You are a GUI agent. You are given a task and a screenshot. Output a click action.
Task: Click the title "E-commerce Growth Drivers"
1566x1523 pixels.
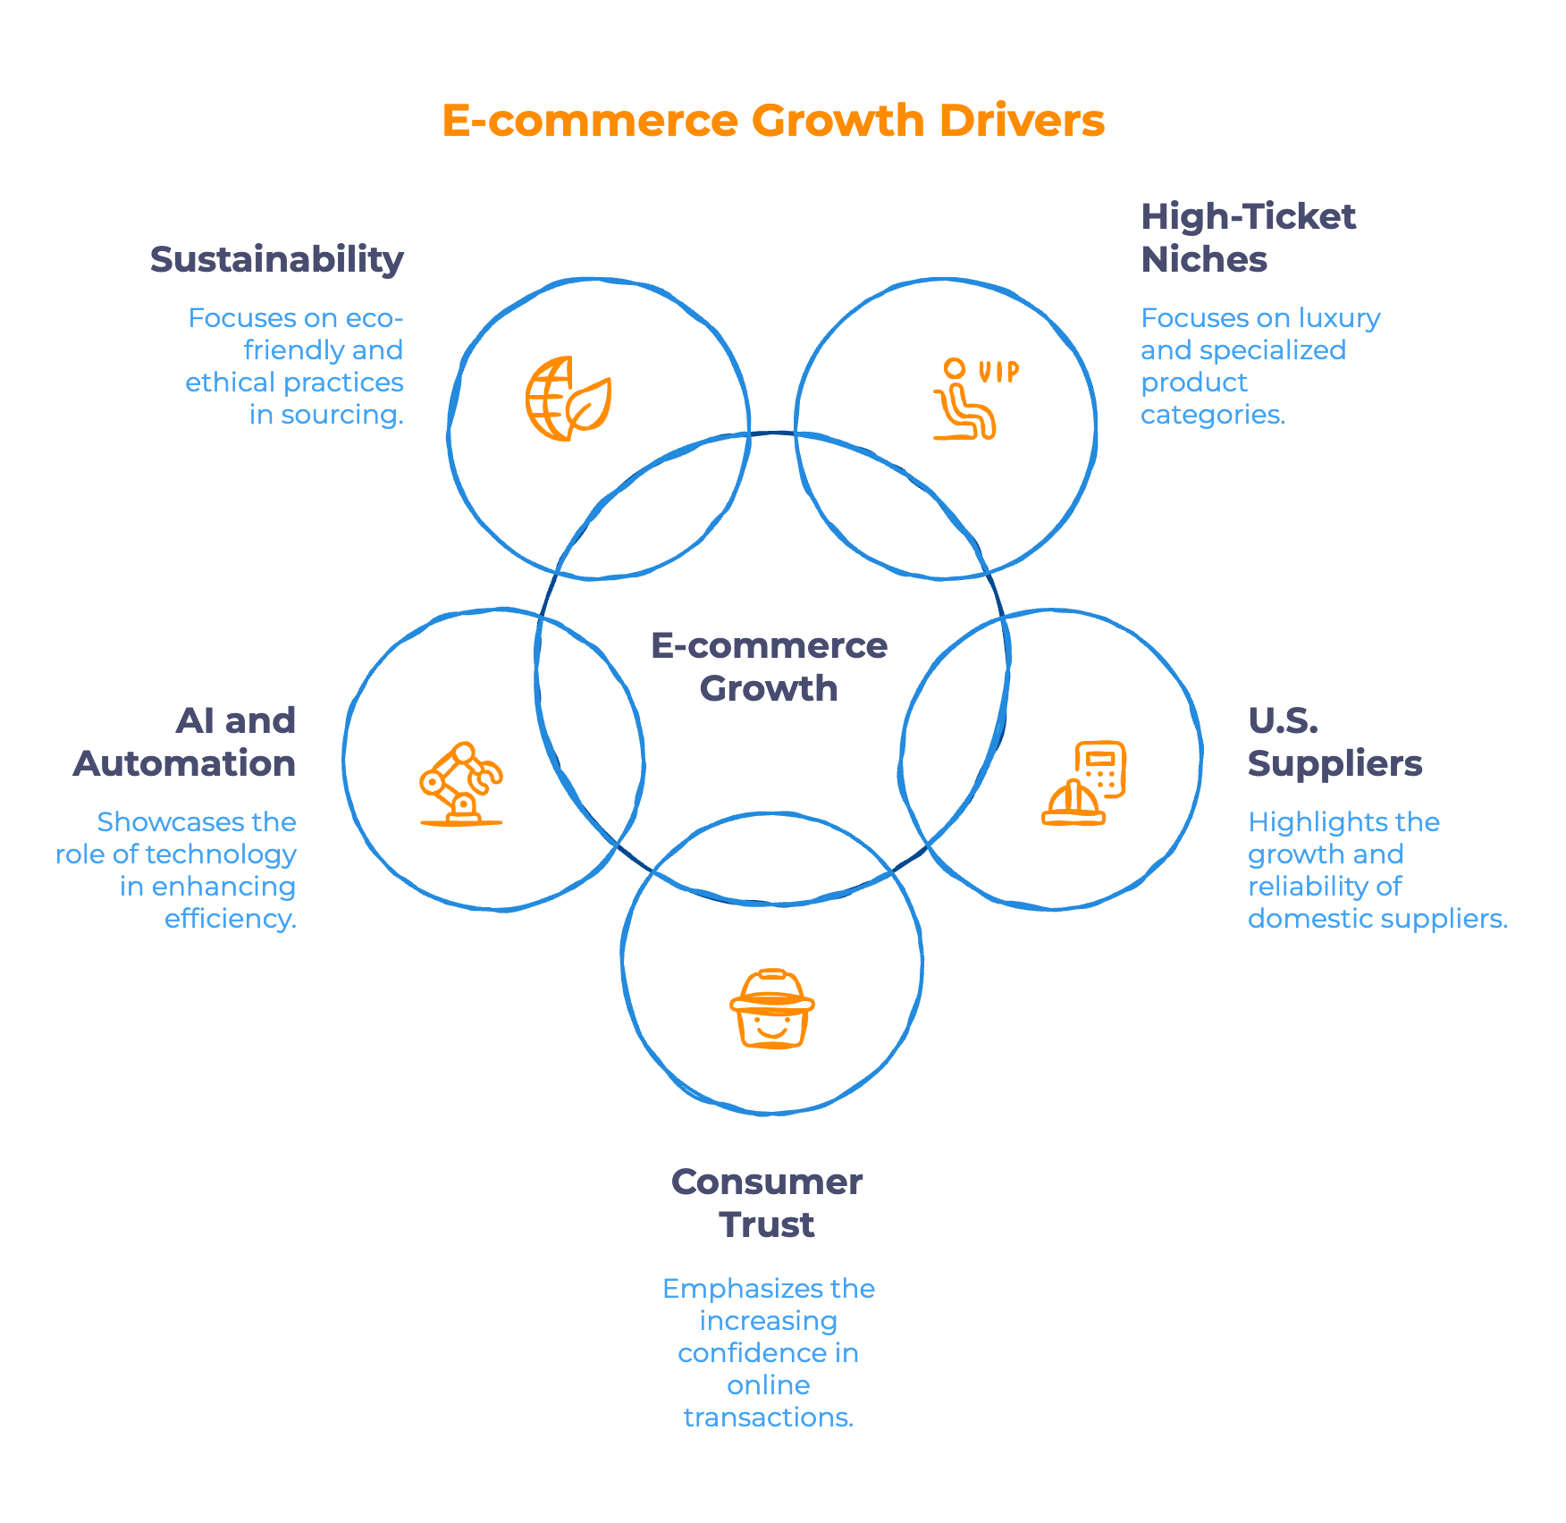773,121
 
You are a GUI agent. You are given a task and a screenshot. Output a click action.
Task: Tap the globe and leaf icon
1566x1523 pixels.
568,399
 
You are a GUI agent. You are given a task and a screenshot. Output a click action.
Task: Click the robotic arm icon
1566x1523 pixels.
461,784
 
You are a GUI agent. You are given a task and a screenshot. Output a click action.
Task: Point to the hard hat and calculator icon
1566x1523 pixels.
1084,783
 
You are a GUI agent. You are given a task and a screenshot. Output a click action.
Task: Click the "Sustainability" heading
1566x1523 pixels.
277,260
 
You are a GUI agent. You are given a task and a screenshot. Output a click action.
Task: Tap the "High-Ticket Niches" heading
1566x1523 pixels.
1248,238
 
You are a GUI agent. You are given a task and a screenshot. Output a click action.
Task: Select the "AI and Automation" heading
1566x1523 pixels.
186,742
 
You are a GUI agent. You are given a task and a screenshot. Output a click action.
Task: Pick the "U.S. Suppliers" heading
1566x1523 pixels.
1334,742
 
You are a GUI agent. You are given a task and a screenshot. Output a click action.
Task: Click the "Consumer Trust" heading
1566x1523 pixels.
767,1203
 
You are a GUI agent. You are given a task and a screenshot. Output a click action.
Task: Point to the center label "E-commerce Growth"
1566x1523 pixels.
769,667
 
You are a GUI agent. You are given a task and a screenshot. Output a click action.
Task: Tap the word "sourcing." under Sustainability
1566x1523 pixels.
342,415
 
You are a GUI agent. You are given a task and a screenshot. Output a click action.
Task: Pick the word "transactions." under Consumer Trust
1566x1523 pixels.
769,1418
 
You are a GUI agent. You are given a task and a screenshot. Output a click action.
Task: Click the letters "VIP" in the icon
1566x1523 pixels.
998,372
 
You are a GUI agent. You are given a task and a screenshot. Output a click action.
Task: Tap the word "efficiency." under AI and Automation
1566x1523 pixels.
231,919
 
